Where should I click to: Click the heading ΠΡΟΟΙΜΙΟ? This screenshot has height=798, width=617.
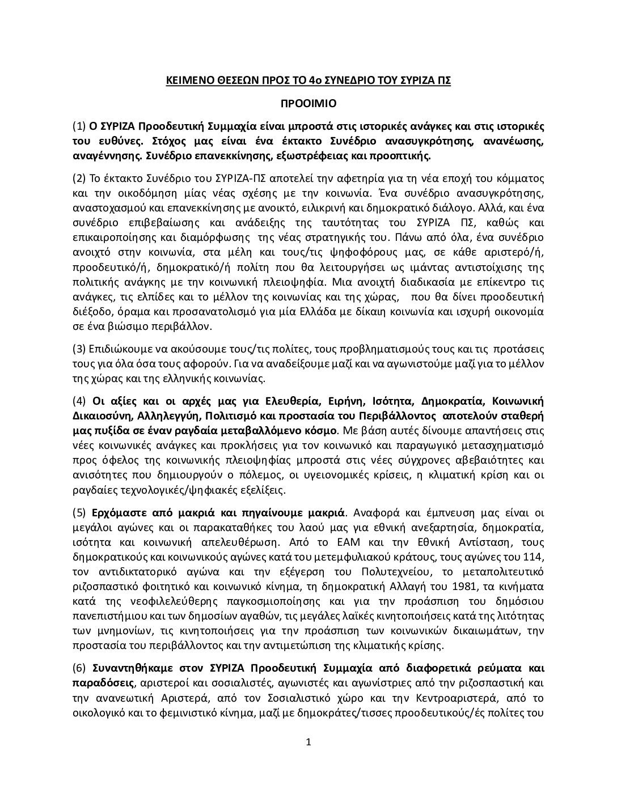[x=308, y=104]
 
